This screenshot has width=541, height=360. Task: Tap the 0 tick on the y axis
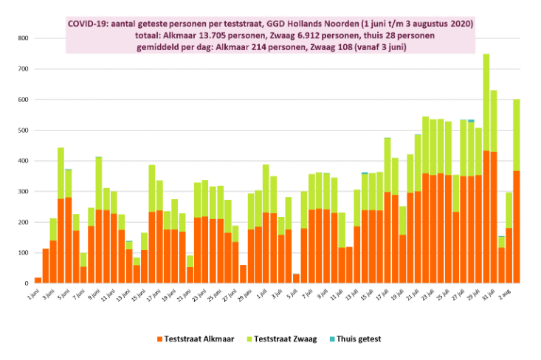(26, 283)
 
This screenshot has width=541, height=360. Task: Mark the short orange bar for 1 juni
(38, 280)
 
